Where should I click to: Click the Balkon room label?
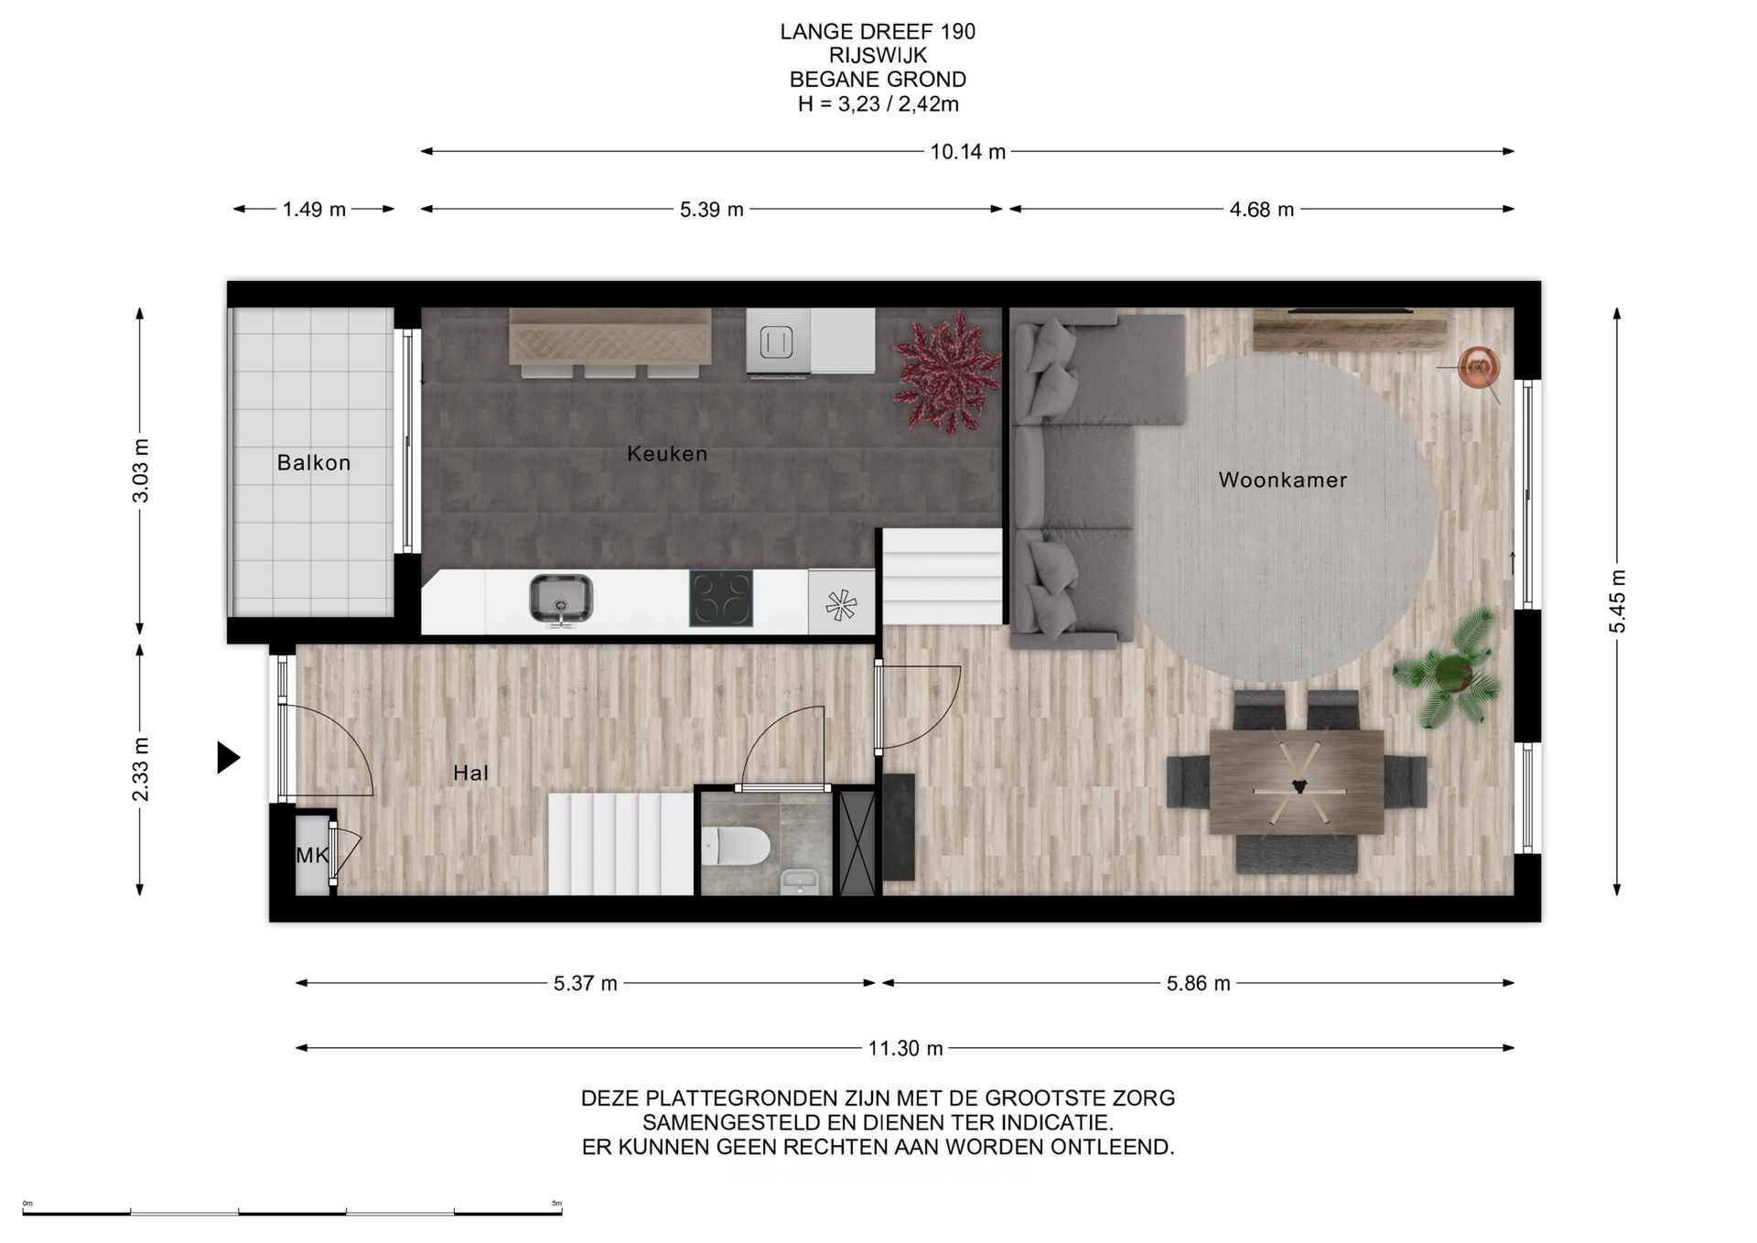click(x=314, y=463)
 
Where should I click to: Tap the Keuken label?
click(x=667, y=454)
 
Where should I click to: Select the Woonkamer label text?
click(x=1283, y=480)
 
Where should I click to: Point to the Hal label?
click(x=470, y=773)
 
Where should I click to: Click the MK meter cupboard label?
click(x=312, y=856)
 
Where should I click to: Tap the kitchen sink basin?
click(x=561, y=599)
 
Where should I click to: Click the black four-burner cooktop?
click(x=721, y=599)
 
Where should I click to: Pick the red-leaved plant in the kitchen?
click(x=946, y=372)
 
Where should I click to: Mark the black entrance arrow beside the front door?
click(x=228, y=758)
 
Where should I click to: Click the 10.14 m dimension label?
click(x=968, y=152)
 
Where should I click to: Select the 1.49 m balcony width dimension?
click(x=314, y=210)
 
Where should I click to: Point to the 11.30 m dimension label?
click(x=905, y=1049)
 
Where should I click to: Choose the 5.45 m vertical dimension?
click(x=1618, y=600)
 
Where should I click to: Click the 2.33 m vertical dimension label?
click(x=140, y=769)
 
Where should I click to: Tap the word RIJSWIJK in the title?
click(x=878, y=56)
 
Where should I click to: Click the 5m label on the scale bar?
click(x=556, y=1204)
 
